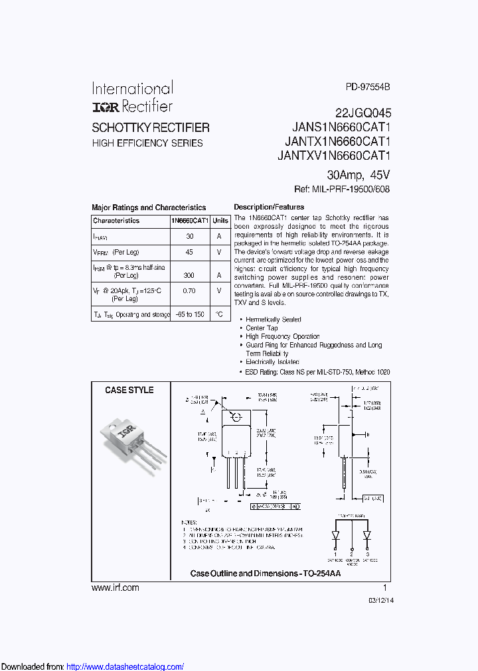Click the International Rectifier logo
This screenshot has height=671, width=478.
[132, 97]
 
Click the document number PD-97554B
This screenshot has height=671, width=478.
[368, 87]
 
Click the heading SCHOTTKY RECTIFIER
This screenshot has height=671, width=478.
[151, 127]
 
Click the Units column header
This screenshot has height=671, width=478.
[221, 221]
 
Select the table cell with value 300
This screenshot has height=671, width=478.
[190, 274]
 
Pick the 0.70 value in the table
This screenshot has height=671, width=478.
[190, 290]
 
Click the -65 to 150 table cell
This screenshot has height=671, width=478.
[190, 314]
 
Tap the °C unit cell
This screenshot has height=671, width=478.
[220, 314]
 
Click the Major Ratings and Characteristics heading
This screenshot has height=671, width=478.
[149, 208]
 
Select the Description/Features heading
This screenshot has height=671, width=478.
[269, 207]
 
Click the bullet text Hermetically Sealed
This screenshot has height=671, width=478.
[274, 320]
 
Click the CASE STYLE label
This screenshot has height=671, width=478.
[129, 391]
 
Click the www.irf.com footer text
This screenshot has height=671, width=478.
[116, 587]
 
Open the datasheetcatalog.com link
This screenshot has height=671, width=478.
[125, 666]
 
